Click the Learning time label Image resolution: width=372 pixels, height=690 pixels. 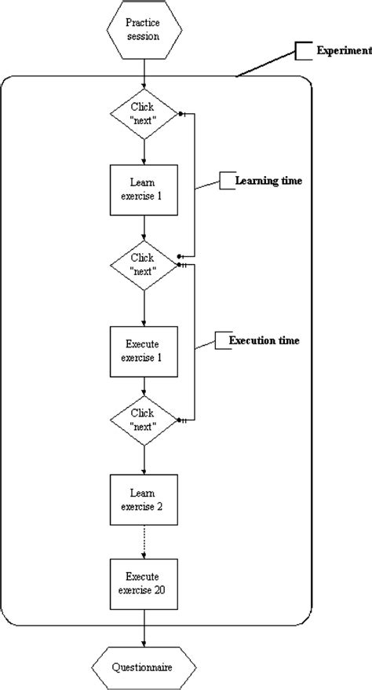point(270,181)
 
